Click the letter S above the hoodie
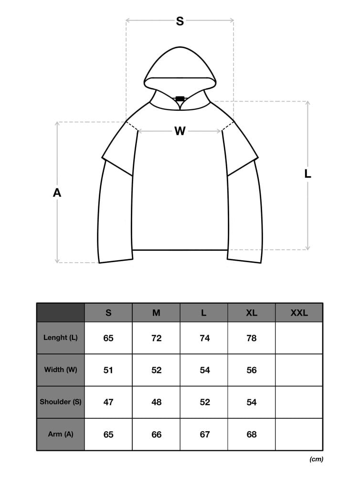pyautogui.click(x=180, y=21)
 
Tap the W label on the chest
pyautogui.click(x=180, y=131)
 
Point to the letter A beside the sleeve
pyautogui.click(x=57, y=193)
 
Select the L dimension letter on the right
pyautogui.click(x=307, y=174)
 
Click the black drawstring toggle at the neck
pyautogui.click(x=180, y=99)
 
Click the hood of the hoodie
pyautogui.click(x=180, y=69)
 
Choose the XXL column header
pyautogui.click(x=299, y=313)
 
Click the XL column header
pyautogui.click(x=252, y=313)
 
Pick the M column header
pyautogui.click(x=156, y=313)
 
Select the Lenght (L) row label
pyautogui.click(x=61, y=338)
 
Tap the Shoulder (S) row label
pyautogui.click(x=61, y=402)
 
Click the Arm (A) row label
pyautogui.click(x=61, y=434)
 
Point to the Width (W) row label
pyautogui.click(x=61, y=370)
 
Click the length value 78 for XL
pyautogui.click(x=252, y=338)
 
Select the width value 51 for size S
pyautogui.click(x=108, y=370)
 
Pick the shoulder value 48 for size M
pyautogui.click(x=157, y=402)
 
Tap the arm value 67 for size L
pyautogui.click(x=205, y=435)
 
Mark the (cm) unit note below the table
pyautogui.click(x=317, y=459)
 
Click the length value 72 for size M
pyautogui.click(x=157, y=338)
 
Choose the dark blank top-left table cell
pyautogui.click(x=61, y=312)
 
